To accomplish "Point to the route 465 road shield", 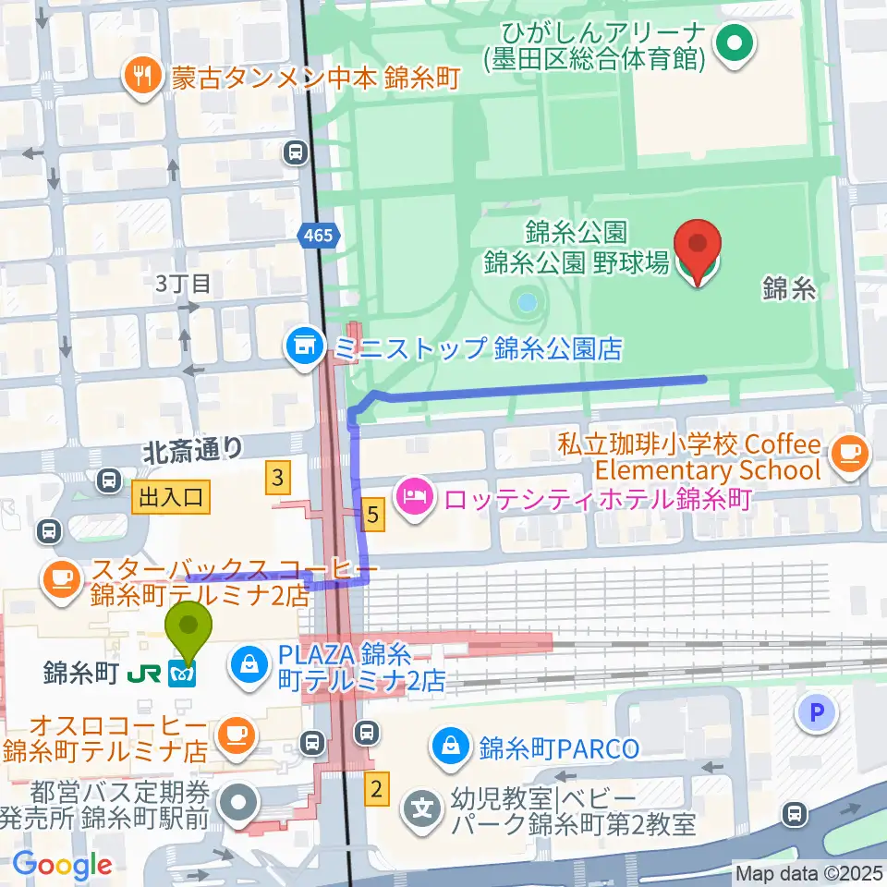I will click(316, 237).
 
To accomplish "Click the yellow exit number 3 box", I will click(277, 478).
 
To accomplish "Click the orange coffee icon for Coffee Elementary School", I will click(848, 452).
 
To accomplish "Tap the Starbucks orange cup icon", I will click(63, 578).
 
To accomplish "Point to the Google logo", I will click(62, 865).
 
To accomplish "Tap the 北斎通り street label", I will click(192, 450).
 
